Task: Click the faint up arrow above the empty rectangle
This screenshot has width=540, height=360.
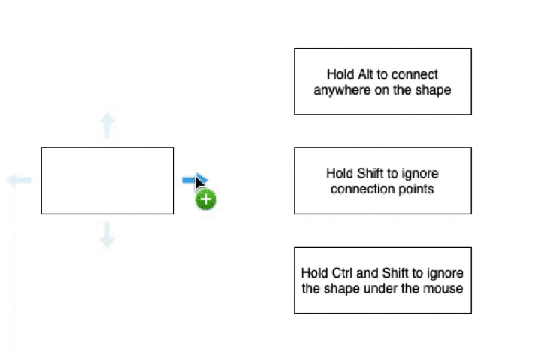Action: [107, 125]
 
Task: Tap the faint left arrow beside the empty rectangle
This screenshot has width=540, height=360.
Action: [19, 180]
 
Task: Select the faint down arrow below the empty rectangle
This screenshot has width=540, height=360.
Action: [107, 235]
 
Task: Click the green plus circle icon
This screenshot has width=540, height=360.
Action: [206, 200]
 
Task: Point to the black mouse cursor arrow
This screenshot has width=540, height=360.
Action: [199, 183]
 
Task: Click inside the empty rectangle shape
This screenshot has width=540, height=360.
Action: [107, 181]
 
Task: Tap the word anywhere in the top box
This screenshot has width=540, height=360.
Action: [342, 90]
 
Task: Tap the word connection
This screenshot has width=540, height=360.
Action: [361, 189]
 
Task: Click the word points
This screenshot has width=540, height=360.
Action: [416, 189]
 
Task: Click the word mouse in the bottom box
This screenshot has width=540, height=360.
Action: [447, 288]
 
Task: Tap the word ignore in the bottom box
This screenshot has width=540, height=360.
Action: [445, 273]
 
